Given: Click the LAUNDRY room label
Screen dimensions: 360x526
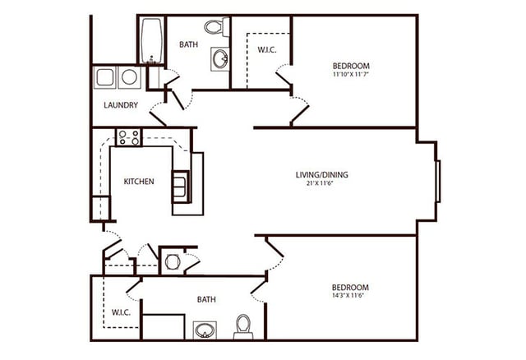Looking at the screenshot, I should [121, 105].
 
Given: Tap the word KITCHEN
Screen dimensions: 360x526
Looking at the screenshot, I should [139, 182].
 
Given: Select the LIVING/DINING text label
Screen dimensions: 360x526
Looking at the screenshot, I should [320, 174].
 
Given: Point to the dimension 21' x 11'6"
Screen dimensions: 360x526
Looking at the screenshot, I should [320, 183].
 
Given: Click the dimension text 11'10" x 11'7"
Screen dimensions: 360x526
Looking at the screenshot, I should [350, 75].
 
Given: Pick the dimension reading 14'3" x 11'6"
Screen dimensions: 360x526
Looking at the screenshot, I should [350, 297].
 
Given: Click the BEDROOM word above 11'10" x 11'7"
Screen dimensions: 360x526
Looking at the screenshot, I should [350, 66].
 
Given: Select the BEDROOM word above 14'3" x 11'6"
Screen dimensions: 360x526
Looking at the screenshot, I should [350, 287].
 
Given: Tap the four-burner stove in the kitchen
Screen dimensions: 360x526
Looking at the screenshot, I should [129, 137].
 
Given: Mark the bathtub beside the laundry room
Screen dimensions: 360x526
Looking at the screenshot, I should [150, 41].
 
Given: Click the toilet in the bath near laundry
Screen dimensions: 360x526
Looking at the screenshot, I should [215, 28].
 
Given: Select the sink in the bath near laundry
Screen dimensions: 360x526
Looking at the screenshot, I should [220, 58].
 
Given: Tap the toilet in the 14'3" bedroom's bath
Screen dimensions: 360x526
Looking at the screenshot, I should [243, 326].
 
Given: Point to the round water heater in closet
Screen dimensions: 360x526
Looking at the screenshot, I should [173, 262].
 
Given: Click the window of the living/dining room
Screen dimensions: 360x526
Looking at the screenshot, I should [438, 181].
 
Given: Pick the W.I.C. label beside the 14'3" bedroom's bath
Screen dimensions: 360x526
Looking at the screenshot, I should [122, 313].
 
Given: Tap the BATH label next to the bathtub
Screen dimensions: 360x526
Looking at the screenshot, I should [188, 44].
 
